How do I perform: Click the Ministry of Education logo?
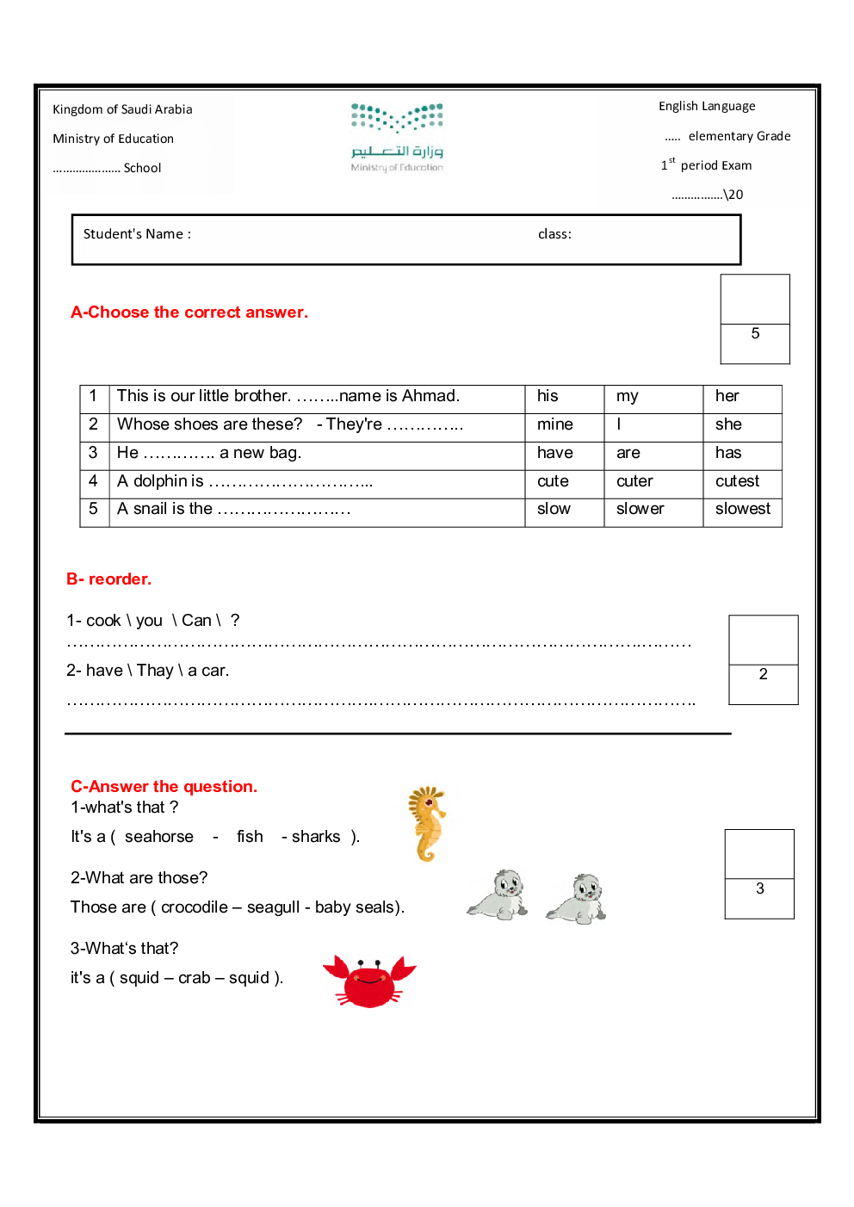pyautogui.click(x=397, y=137)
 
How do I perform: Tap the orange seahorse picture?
pyautogui.click(x=427, y=824)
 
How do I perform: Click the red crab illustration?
pyautogui.click(x=370, y=981)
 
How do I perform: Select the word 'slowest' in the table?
pyautogui.click(x=742, y=509)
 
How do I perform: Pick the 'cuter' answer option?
pyautogui.click(x=634, y=481)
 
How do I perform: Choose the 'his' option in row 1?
pyautogui.click(x=548, y=396)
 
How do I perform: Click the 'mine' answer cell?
pyautogui.click(x=554, y=424)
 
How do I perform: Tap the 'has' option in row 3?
pyautogui.click(x=727, y=453)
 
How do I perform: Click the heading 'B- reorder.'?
pyautogui.click(x=108, y=579)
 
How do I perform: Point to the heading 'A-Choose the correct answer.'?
pyautogui.click(x=189, y=313)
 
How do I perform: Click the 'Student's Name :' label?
pyautogui.click(x=137, y=234)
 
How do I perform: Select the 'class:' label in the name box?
pyautogui.click(x=554, y=234)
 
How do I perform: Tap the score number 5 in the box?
pyautogui.click(x=755, y=334)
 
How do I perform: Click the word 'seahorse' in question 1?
pyautogui.click(x=159, y=837)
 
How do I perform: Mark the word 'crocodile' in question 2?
pyautogui.click(x=195, y=907)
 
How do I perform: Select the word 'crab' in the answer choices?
pyautogui.click(x=195, y=978)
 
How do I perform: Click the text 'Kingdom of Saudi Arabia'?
pyautogui.click(x=122, y=109)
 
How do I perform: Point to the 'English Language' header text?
pyautogui.click(x=707, y=106)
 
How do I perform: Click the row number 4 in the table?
pyautogui.click(x=93, y=481)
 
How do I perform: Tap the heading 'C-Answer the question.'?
pyautogui.click(x=164, y=786)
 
